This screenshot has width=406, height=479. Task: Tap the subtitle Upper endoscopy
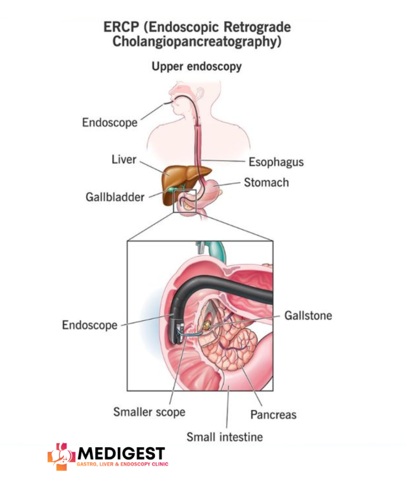click(196, 66)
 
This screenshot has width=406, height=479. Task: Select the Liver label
click(123, 160)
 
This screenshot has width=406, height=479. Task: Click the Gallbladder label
click(115, 197)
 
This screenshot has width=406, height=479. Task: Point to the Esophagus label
click(276, 162)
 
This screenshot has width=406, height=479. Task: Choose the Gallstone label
click(308, 315)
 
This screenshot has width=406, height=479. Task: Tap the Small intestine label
click(225, 437)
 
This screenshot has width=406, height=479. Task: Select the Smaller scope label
click(149, 412)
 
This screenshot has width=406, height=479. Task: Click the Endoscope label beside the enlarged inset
click(90, 325)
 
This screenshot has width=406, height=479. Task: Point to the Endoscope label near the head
click(110, 123)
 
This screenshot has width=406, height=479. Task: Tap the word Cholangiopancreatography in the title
click(197, 42)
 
